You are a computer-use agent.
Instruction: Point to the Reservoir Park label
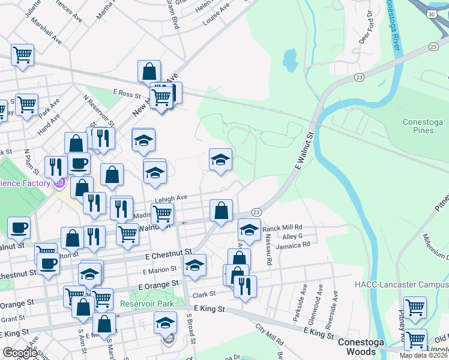[x=146, y=304]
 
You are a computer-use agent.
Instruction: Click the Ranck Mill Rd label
[x=282, y=228]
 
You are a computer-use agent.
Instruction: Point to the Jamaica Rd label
[x=293, y=244]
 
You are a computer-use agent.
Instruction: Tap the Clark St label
[x=204, y=295]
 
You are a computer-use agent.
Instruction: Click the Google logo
[x=20, y=353]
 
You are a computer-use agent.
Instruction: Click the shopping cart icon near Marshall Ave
[x=22, y=55]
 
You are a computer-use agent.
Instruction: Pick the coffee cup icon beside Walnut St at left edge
[x=19, y=227]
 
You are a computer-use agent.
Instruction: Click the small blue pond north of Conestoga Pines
[x=290, y=58]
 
